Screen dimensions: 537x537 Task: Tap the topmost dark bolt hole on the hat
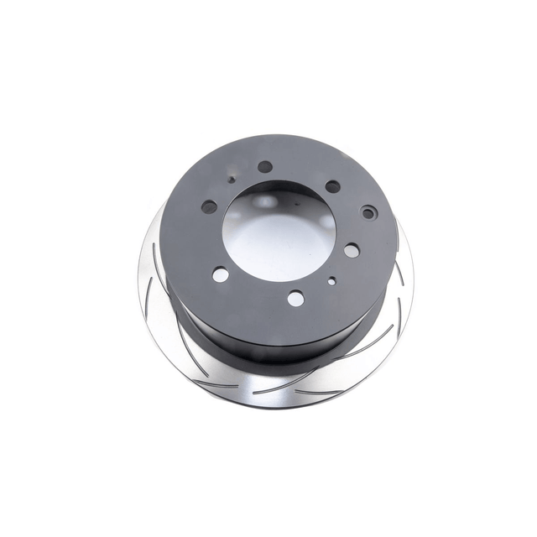click(x=265, y=167)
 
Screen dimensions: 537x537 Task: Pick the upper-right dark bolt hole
click(x=333, y=186)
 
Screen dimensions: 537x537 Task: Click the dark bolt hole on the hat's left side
click(x=210, y=206)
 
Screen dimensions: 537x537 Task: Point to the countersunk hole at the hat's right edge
click(x=368, y=213)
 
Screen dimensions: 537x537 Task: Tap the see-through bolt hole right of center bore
click(x=352, y=249)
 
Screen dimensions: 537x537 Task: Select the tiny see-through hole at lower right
click(x=332, y=282)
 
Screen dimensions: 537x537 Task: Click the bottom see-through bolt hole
click(x=295, y=297)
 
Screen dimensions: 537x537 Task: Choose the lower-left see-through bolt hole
click(x=221, y=274)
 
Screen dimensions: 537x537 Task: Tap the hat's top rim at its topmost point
click(x=277, y=138)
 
